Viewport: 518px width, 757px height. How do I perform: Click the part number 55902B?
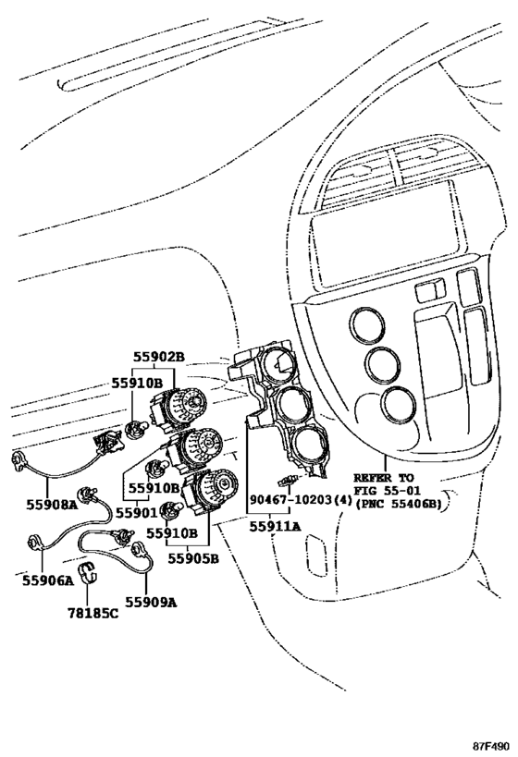point(159,357)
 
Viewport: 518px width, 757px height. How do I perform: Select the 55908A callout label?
point(52,505)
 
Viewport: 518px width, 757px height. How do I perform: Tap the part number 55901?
point(140,512)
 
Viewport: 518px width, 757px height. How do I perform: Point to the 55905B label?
point(193,558)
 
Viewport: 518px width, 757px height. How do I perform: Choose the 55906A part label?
point(48,580)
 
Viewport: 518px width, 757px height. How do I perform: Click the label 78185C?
point(92,613)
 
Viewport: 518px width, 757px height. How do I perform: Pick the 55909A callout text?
point(151,602)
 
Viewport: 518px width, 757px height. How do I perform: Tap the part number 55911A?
point(275,526)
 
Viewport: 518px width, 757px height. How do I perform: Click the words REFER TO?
point(384,478)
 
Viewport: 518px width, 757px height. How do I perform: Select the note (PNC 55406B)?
point(399,504)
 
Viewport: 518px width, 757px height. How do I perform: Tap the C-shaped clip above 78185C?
point(88,571)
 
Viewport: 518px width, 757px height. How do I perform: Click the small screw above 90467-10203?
point(287,480)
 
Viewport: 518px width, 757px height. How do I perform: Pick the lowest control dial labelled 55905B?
point(210,492)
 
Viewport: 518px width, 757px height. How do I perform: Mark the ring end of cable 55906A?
point(34,543)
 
